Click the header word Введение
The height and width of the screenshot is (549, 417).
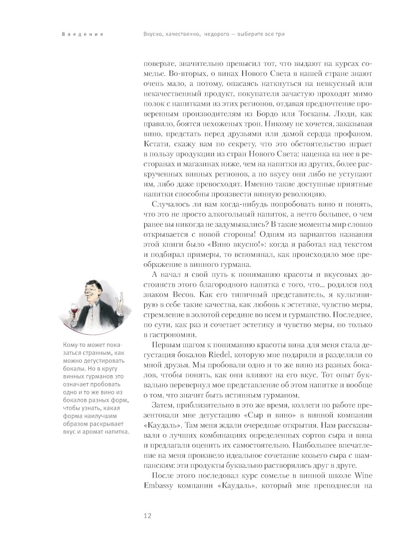[83, 34]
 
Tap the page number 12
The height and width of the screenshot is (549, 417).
[147, 515]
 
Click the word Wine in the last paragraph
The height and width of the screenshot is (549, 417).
[363, 476]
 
